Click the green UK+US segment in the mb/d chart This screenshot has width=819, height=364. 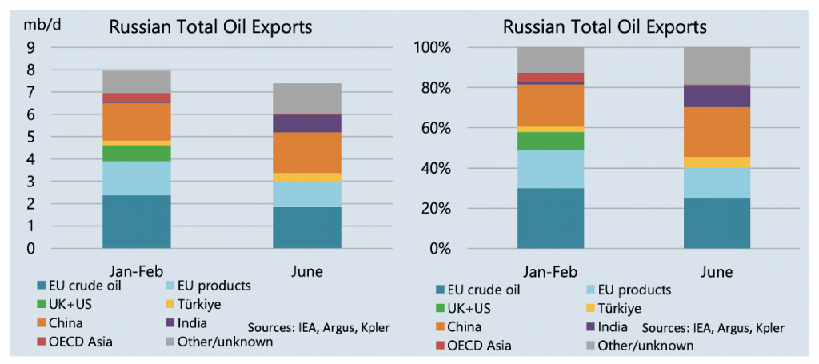click(136, 152)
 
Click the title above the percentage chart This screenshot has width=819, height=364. click(605, 26)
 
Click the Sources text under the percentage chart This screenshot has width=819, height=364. click(713, 327)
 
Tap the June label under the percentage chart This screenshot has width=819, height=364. click(717, 271)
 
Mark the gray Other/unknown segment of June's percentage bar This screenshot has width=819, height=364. click(717, 65)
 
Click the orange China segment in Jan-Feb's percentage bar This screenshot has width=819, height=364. click(550, 105)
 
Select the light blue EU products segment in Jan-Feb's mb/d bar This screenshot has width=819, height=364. click(136, 178)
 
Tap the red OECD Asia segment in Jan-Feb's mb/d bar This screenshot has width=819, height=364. click(136, 98)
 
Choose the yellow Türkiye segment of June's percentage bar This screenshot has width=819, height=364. click(717, 162)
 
